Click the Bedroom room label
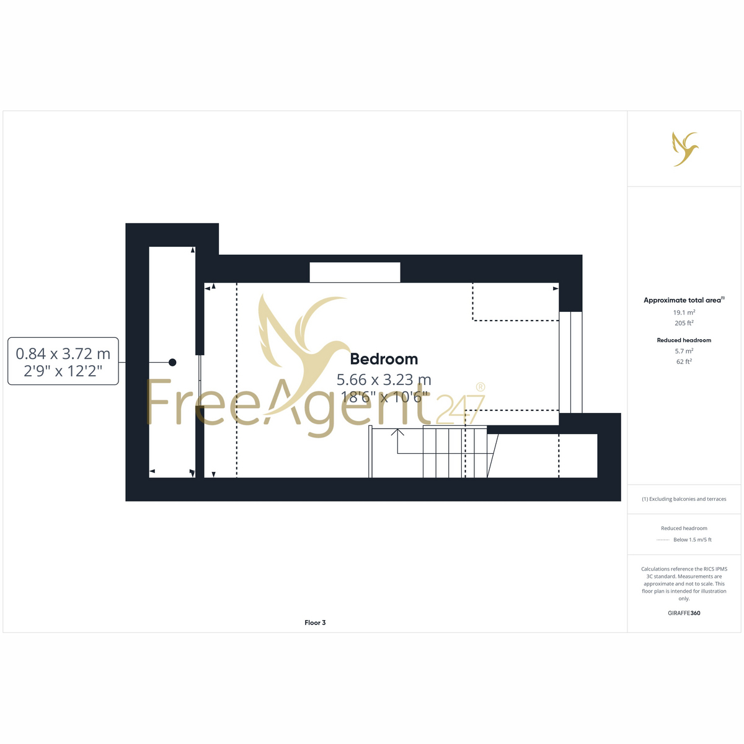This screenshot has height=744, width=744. (x=384, y=360)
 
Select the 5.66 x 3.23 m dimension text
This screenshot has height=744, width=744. (x=384, y=380)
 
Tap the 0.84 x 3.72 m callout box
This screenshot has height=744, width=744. (x=63, y=361)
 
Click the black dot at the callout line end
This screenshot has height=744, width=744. (x=172, y=362)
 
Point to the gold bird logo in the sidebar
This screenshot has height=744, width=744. (x=684, y=149)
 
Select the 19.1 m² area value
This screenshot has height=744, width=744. (x=684, y=312)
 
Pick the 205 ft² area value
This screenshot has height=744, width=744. (x=684, y=323)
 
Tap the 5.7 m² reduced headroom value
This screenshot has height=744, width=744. (x=684, y=351)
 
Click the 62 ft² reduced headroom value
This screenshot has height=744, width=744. (x=684, y=361)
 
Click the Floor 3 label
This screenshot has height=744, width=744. (x=315, y=622)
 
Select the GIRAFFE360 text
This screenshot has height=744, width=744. (x=684, y=613)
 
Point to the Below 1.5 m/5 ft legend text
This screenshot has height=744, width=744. (x=693, y=539)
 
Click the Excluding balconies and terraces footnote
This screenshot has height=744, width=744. (x=684, y=499)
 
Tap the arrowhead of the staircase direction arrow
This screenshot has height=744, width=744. (x=397, y=432)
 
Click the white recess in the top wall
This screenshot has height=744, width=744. (x=355, y=272)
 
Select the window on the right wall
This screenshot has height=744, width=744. (x=570, y=362)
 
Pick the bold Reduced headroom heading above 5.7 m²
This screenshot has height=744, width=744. (x=684, y=340)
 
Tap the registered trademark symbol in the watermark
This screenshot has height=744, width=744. (x=480, y=387)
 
